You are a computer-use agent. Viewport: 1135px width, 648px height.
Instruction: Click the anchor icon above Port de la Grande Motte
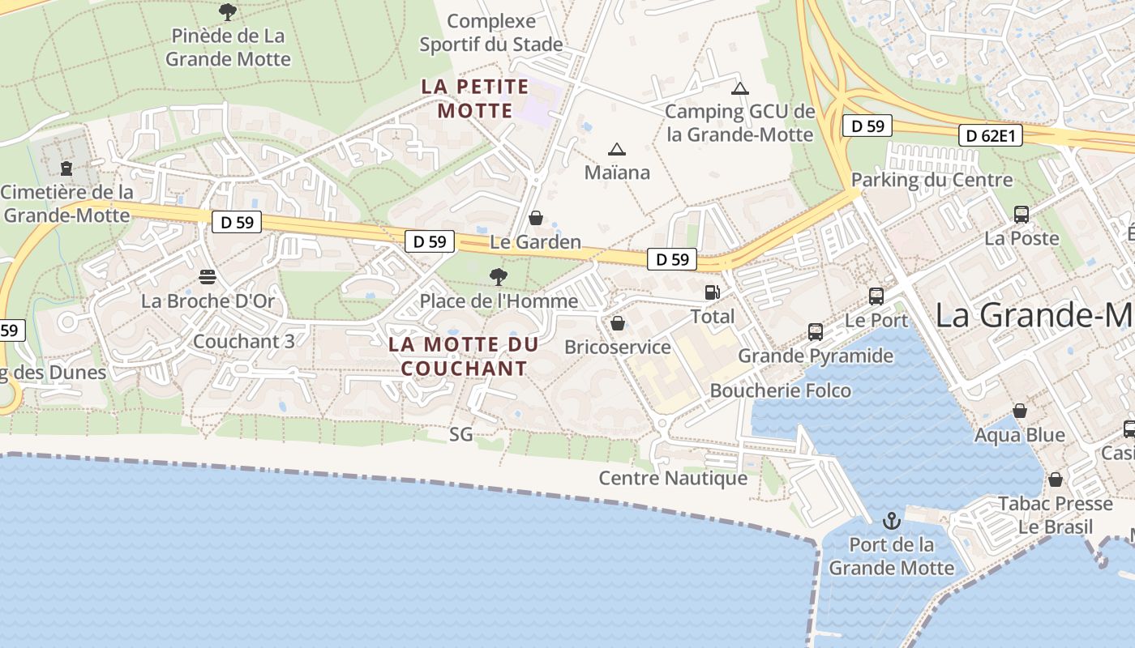tap(892, 520)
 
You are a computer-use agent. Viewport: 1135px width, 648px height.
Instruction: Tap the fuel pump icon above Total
tap(712, 292)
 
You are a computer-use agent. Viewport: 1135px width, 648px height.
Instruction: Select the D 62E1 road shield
tap(990, 135)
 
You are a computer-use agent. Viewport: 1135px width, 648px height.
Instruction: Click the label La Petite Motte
tap(475, 99)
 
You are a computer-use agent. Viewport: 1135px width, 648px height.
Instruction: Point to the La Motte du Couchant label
tap(464, 356)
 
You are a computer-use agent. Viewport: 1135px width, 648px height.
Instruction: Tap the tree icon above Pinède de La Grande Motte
tap(228, 12)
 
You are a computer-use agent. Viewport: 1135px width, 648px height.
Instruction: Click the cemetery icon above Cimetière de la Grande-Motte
tap(66, 168)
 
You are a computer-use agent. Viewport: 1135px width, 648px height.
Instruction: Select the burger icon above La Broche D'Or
tap(208, 277)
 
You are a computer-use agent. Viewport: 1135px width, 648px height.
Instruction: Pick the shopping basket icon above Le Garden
tap(536, 218)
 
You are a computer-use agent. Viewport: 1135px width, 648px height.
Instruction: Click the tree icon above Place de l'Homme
tap(499, 277)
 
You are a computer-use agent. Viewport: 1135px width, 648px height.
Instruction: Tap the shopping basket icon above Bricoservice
tap(618, 323)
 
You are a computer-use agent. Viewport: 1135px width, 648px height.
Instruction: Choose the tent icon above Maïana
tap(617, 149)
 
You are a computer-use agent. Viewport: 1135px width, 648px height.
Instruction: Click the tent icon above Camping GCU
tap(739, 88)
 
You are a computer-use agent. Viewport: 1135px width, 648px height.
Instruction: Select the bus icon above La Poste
tap(1021, 215)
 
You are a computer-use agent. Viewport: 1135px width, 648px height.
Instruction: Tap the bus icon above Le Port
tap(876, 296)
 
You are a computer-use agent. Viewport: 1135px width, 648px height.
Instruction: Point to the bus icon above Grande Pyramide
tap(816, 332)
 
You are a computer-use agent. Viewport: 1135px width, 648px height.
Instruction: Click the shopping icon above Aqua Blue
tap(1020, 411)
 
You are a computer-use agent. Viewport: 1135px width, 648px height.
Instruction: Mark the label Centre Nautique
tap(673, 478)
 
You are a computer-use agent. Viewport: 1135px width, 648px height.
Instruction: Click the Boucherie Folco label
tap(780, 390)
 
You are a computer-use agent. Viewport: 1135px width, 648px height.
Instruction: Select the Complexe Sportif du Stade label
tap(491, 32)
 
